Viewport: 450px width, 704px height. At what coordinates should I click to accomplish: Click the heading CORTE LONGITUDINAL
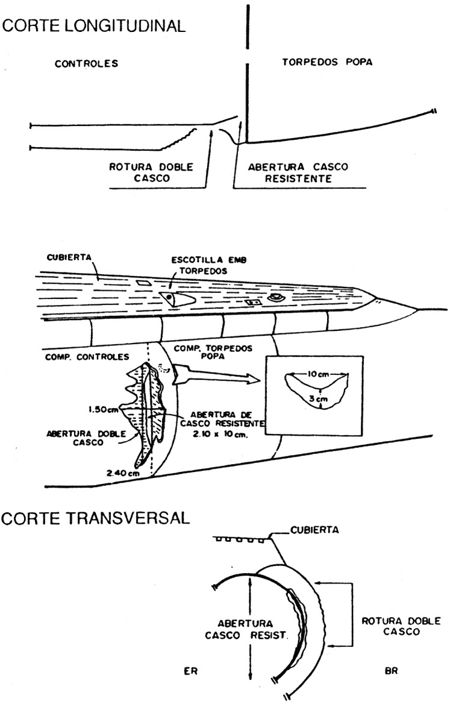(x=94, y=25)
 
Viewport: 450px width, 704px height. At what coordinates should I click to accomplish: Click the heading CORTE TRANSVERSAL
(x=95, y=518)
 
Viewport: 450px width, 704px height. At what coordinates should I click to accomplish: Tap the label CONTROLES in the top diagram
(x=87, y=64)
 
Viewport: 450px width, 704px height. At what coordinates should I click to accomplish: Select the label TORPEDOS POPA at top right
(x=327, y=62)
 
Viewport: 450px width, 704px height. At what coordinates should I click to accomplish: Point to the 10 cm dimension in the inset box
(x=318, y=374)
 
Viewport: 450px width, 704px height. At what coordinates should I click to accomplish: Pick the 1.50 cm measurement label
(x=104, y=409)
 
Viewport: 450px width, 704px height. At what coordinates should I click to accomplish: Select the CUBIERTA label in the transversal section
(x=314, y=530)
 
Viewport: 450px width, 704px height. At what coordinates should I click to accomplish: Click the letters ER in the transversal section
(x=191, y=671)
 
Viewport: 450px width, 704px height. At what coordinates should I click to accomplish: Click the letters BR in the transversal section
(x=391, y=671)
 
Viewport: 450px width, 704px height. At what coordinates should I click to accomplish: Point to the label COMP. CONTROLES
(x=87, y=357)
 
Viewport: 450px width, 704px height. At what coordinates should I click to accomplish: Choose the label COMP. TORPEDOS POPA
(x=213, y=351)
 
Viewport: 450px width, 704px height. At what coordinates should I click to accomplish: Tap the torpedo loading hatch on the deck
(x=178, y=299)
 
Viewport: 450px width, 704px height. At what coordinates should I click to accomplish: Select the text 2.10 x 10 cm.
(x=220, y=435)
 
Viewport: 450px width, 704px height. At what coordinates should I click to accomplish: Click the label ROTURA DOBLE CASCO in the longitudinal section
(x=151, y=172)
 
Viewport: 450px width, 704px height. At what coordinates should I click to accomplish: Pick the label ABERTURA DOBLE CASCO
(x=86, y=438)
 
